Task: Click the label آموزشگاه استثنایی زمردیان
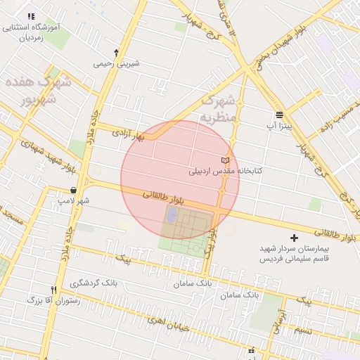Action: [x=31, y=32]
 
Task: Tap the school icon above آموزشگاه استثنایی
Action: [x=30, y=16]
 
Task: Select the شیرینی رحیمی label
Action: [x=117, y=63]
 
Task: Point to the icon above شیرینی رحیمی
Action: [x=117, y=52]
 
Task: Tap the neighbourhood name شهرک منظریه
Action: [x=220, y=110]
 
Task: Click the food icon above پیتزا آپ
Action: [x=280, y=114]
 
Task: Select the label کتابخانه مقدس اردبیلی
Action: [x=224, y=171]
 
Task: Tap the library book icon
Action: [x=225, y=160]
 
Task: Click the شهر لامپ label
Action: [x=74, y=201]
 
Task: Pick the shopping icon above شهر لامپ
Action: [x=74, y=191]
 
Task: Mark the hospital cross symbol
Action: [x=295, y=239]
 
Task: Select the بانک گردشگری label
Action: [x=96, y=283]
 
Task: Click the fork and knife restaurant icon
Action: [x=54, y=290]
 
